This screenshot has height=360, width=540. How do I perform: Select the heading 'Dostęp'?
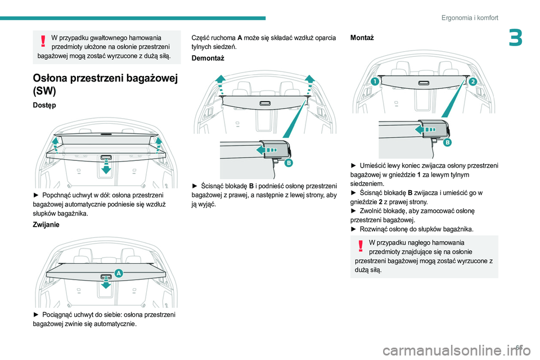[44, 105]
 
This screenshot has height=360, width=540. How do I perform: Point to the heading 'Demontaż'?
[208, 58]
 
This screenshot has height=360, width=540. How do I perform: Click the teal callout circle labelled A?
[119, 273]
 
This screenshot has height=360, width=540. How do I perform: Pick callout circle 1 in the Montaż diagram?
[375, 82]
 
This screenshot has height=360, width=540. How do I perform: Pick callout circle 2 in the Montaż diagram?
[472, 82]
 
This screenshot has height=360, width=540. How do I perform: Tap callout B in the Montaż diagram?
[448, 142]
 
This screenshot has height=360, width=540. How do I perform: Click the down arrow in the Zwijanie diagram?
[106, 283]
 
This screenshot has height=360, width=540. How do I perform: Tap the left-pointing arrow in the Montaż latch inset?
[424, 130]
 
